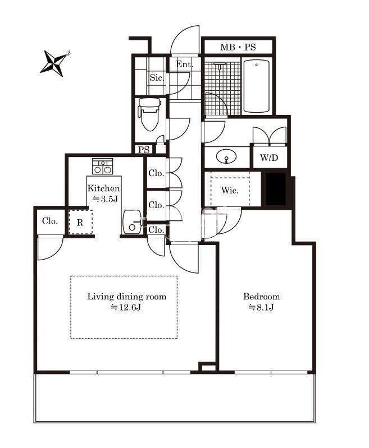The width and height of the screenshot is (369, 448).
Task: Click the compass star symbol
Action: point(55,63)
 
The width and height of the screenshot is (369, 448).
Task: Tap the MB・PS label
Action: point(238,47)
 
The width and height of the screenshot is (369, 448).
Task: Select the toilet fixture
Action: point(149,114)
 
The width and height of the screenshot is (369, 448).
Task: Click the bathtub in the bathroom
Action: point(257,85)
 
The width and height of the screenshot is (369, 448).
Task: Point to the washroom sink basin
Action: point(226,157)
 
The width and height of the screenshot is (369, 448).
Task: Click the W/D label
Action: point(269,158)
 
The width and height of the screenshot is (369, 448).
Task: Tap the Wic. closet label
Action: point(230,190)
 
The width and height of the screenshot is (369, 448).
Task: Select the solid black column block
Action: point(276,189)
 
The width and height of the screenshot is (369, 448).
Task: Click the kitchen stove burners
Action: point(102,167)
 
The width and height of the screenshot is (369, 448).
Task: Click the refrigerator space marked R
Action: point(80,222)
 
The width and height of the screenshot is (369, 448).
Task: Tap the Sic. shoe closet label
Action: point(157,77)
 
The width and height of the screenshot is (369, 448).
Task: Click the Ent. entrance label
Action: point(184,64)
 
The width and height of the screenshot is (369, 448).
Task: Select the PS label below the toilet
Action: point(144,150)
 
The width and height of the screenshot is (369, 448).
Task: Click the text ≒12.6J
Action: point(126,307)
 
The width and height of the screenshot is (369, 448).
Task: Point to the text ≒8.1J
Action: point(261,307)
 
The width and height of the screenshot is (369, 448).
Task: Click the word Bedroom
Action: point(261,296)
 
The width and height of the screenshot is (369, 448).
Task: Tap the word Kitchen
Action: point(104,188)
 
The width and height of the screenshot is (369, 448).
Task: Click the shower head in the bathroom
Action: point(220,66)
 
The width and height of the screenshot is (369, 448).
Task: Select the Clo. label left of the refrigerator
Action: point(50,221)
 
